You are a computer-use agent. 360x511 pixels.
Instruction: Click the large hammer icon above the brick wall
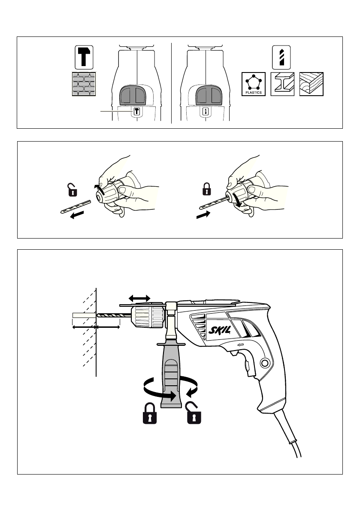84,57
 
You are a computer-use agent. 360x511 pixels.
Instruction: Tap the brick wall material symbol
84,84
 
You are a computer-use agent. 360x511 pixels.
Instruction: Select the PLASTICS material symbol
254,84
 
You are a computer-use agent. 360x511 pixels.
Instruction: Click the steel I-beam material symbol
282,84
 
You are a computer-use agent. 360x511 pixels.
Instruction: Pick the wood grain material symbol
312,84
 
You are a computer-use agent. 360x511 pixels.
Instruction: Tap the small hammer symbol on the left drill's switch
136,112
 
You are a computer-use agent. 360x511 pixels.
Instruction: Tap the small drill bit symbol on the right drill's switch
205,112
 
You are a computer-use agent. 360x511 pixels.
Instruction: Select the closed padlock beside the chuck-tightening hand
206,189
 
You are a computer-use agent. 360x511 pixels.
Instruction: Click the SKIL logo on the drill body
220,331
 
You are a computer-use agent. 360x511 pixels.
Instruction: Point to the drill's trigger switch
234,353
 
